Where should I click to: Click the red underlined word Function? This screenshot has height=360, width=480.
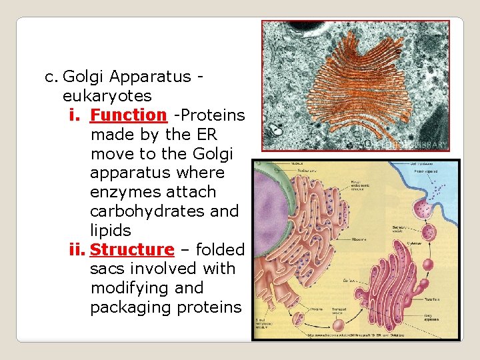pos(129,115)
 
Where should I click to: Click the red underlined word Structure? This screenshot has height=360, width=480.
pos(132,250)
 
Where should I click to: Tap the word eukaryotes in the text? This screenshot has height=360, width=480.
pos(107,96)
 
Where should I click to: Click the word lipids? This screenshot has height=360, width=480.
pos(111,231)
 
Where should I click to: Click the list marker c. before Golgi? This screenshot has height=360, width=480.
pos(51,77)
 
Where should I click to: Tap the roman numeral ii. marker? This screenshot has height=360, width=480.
pos(78,250)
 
